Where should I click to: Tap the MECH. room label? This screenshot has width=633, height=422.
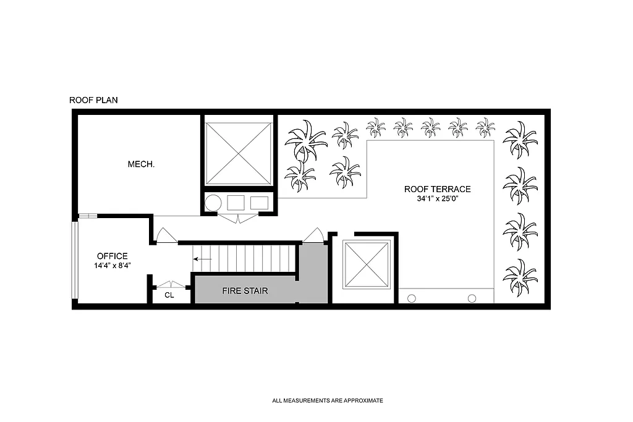click(x=141, y=164)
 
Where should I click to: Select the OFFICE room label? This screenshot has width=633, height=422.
click(x=113, y=256)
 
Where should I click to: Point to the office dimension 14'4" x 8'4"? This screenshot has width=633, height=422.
click(x=113, y=265)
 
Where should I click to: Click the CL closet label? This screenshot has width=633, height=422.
click(x=169, y=295)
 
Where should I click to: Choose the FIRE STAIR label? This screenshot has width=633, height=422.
click(x=245, y=290)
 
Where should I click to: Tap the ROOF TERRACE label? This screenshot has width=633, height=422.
click(x=438, y=190)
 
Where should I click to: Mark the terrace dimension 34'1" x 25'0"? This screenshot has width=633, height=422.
click(x=438, y=199)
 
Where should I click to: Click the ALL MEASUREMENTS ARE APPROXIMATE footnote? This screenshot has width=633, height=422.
click(x=328, y=400)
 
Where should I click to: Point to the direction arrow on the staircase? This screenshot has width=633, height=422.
click(x=202, y=259)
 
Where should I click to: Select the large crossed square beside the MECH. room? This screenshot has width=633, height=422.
click(x=239, y=153)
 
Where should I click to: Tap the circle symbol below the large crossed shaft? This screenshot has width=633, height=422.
click(x=214, y=203)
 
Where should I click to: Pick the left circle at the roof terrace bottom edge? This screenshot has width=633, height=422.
click(x=411, y=298)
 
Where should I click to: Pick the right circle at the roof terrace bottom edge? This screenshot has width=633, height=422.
click(x=472, y=298)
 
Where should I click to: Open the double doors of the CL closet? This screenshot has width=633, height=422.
click(x=170, y=285)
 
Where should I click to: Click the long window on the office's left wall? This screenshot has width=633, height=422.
click(x=74, y=260)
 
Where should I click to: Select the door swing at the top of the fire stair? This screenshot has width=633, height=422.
click(x=313, y=236)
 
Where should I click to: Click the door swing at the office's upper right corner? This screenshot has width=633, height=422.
click(x=166, y=235)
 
